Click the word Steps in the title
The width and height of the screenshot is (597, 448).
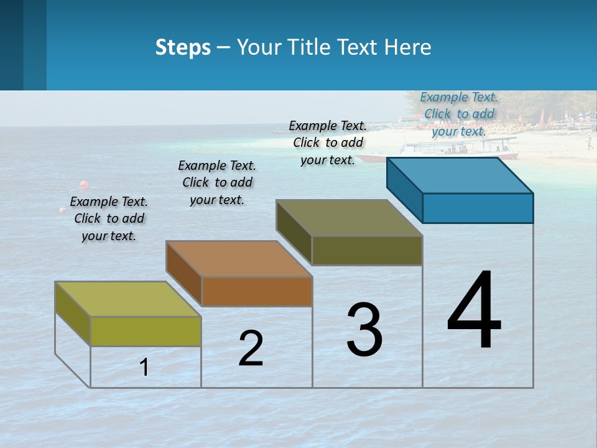tap(182, 47)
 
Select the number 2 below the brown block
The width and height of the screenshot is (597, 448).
tap(251, 348)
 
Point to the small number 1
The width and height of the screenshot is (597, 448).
tap(144, 367)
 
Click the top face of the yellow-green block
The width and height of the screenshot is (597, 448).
tap(128, 299)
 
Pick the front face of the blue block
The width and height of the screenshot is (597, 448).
tap(478, 208)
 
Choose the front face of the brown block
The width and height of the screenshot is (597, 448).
tap(257, 291)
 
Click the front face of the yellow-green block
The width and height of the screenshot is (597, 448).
tap(146, 331)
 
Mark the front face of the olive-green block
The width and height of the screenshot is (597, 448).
tap(367, 250)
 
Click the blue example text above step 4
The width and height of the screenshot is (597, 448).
tap(459, 114)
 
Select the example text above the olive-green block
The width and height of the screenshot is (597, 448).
tap(328, 142)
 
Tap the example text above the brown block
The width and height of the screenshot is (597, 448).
tap(217, 182)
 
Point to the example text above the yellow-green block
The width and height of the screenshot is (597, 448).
tap(109, 218)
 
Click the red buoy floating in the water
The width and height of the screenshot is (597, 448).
tap(83, 185)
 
